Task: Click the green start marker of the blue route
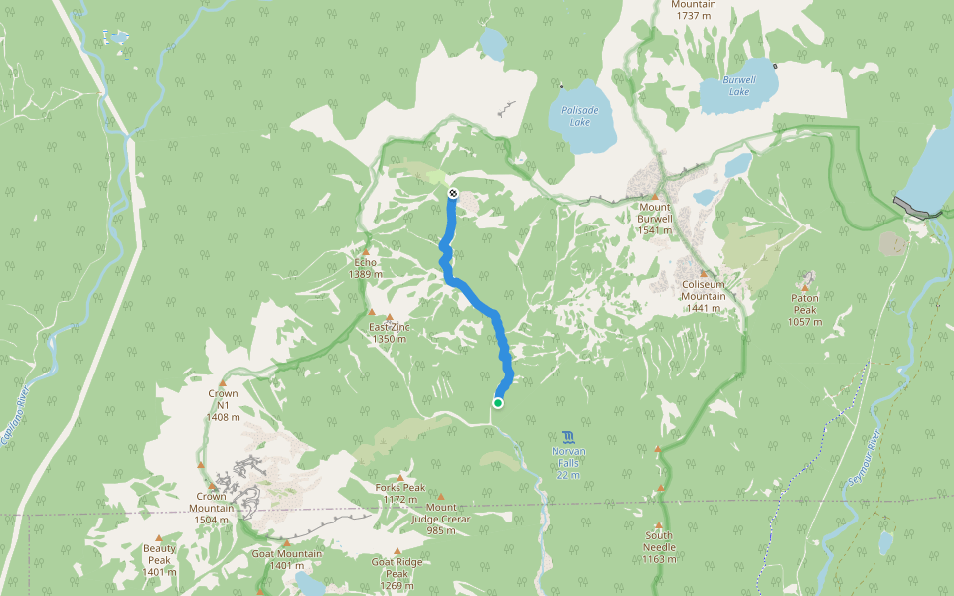coord(497,403)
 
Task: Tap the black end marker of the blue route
coord(453,193)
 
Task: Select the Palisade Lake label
coord(574,116)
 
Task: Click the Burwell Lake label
coord(738,86)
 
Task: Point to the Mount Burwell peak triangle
coord(656,196)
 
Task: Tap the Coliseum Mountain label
coord(703,289)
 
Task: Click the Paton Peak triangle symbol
coord(805,288)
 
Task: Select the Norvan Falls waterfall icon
coord(567,436)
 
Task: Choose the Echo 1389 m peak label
coord(367,268)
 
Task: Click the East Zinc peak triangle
coord(372,313)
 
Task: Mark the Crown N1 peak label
coord(223,405)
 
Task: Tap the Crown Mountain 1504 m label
coord(214,502)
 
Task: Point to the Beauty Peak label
coord(159,554)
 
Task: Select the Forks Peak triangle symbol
coord(401,477)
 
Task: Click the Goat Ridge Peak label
coord(397,567)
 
